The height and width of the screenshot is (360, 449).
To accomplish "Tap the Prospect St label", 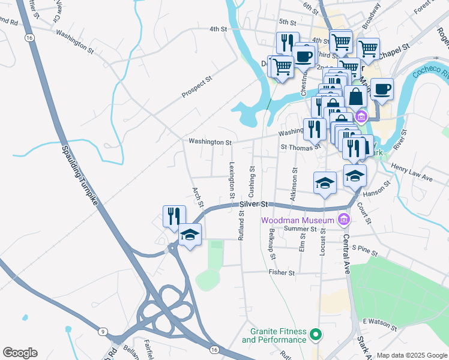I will tap(197, 88).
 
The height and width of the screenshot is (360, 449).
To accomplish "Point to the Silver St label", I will tap(253, 205).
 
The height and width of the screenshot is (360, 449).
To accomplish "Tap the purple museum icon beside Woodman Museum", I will tap(343, 220).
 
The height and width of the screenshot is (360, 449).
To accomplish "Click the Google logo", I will tap(20, 353).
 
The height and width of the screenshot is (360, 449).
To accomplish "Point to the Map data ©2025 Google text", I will tap(411, 355).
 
